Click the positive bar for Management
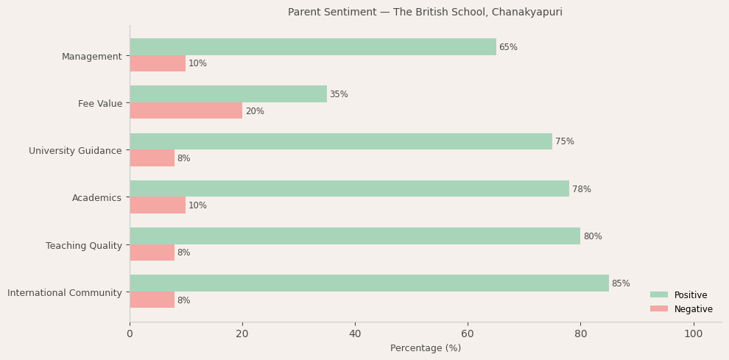click(313, 47)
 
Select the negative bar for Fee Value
click(186, 110)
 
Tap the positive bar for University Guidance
click(341, 141)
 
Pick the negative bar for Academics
click(158, 205)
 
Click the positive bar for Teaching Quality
click(355, 236)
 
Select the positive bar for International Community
click(369, 283)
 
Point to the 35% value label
click(339, 94)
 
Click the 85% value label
click(621, 283)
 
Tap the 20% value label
click(255, 111)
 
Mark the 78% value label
click(582, 189)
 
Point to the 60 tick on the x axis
click(468, 334)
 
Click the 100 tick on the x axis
click(693, 334)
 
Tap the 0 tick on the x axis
click(130, 334)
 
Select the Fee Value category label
click(100, 104)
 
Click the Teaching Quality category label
click(84, 246)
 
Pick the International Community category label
click(65, 293)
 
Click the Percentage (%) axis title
click(426, 348)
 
